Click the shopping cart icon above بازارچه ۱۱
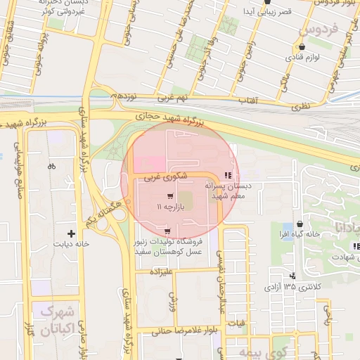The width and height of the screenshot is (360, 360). pyautogui.click(x=170, y=196)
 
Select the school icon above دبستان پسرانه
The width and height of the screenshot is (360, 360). pyautogui.click(x=226, y=175)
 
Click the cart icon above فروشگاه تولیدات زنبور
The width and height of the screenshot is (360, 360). pyautogui.click(x=167, y=231)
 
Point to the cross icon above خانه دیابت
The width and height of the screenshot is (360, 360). pyautogui.click(x=71, y=233)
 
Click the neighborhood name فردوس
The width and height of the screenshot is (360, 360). pyautogui.click(x=319, y=32)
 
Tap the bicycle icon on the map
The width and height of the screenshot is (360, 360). pyautogui.click(x=51, y=167)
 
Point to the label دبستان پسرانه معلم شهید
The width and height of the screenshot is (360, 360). pyautogui.click(x=224, y=191)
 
